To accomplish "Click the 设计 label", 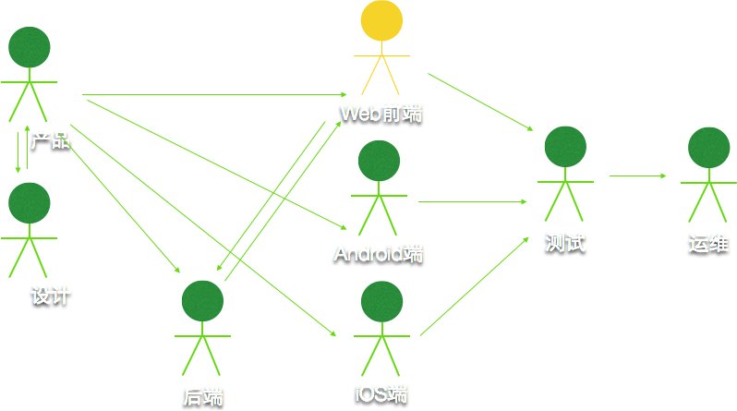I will click(51, 297).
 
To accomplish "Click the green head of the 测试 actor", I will click(566, 149).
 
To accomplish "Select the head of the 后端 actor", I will click(203, 303).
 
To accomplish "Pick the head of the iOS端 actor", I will click(381, 303).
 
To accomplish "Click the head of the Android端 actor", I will click(379, 163).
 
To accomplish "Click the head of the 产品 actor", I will click(29, 48).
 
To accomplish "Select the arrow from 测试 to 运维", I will click(639, 175).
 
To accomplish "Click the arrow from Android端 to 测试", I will click(473, 200).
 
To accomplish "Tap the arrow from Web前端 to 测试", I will click(480, 103).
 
